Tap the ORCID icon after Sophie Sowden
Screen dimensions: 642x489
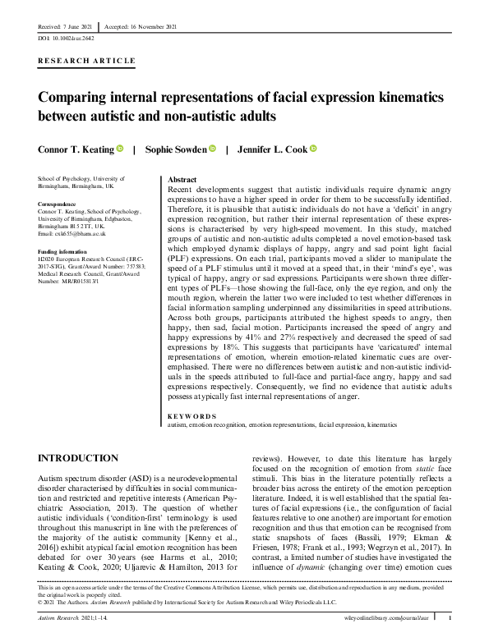pos(211,149)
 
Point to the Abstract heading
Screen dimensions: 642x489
pos(182,179)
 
